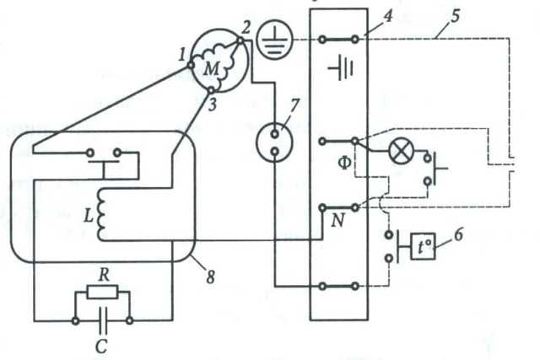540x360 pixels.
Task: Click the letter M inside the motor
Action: click(211, 69)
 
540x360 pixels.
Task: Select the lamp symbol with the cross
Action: click(401, 152)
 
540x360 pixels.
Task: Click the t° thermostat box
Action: click(423, 246)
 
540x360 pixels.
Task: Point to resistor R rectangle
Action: click(102, 293)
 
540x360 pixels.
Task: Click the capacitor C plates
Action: click(102, 320)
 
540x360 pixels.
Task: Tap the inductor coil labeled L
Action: click(101, 216)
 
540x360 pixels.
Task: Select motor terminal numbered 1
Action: click(191, 64)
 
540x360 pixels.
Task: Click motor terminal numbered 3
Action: click(211, 90)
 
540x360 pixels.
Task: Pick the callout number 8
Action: click(211, 277)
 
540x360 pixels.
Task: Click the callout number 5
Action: click(456, 16)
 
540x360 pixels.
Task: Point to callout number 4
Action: click(388, 16)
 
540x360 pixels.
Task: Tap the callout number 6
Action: click(458, 235)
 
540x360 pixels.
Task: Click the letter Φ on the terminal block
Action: click(345, 164)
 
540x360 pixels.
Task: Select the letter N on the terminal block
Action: click(337, 220)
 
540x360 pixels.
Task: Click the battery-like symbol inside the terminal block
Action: click(342, 68)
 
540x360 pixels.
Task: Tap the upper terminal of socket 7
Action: click(274, 134)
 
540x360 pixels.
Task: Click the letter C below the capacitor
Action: click(101, 347)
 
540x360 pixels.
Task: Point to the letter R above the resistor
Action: click(104, 276)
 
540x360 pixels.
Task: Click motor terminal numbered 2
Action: click(240, 41)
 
